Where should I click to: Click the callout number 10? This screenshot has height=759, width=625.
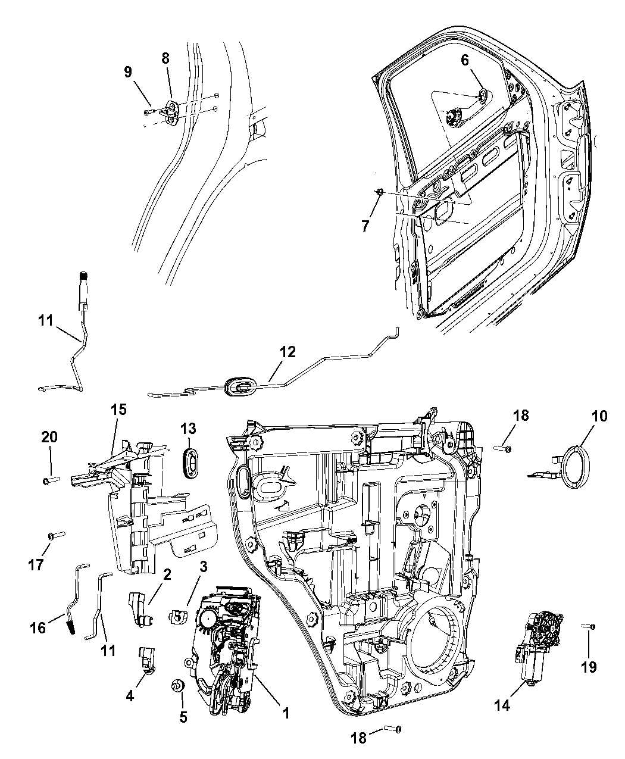point(599,416)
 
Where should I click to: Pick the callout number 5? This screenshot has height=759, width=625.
point(183,717)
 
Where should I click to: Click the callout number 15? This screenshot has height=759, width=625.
point(118,410)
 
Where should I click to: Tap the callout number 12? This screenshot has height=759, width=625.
point(287,352)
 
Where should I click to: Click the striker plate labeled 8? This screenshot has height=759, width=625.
point(172,111)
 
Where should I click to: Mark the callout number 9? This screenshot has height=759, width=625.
point(128,71)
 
